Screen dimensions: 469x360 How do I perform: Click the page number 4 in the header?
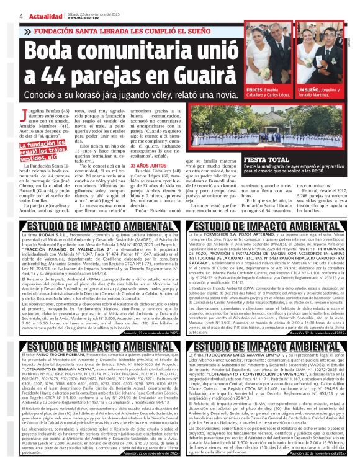[x=5, y=7]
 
